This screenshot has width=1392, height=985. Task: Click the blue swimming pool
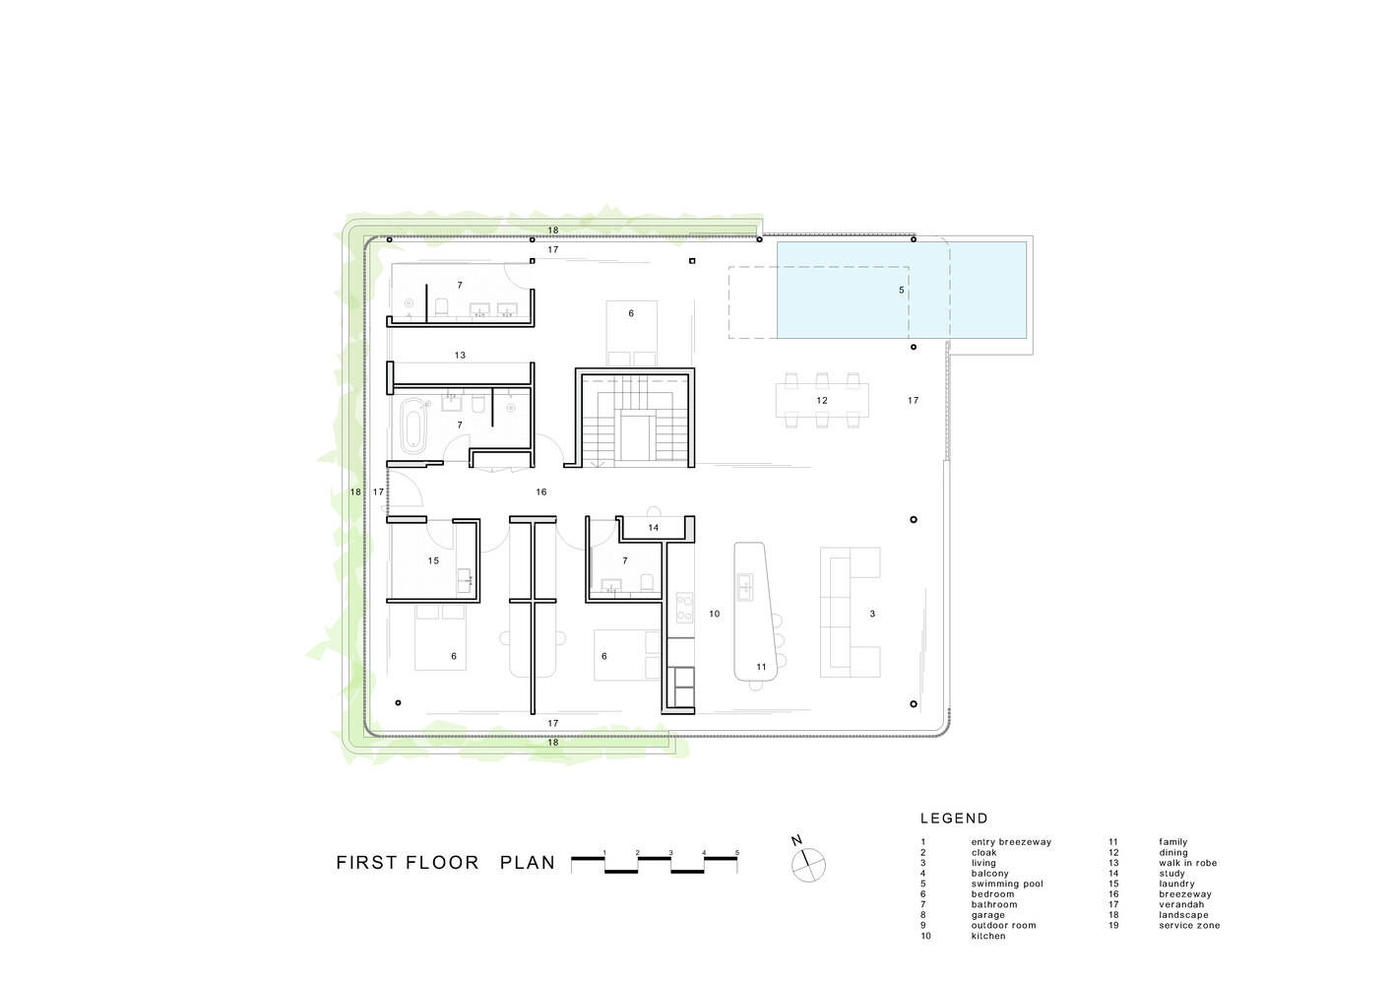pos(902,290)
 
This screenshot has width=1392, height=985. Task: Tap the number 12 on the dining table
pos(822,401)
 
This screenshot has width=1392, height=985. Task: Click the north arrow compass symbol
pos(808,864)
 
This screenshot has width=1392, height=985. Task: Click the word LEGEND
pos(954,819)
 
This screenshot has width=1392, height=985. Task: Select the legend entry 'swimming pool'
pos(1007,884)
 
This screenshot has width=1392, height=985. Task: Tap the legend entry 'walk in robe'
pos(1187,863)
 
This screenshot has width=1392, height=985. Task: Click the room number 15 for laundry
pos(433,560)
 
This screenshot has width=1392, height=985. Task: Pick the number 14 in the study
pos(653,528)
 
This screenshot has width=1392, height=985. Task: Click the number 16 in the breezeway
pos(541,492)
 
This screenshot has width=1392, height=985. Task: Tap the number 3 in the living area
pos(872,614)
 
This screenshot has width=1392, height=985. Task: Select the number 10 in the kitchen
pos(715,614)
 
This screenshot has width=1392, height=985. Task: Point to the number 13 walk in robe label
pos(460,355)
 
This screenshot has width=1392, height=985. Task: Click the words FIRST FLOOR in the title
pos(408,863)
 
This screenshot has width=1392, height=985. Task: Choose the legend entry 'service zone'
pos(1189,925)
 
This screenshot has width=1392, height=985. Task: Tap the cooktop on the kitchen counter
pos(684,608)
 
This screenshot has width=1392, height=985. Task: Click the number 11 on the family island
pos(761,667)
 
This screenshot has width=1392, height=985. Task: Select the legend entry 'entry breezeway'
pos(1011,842)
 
